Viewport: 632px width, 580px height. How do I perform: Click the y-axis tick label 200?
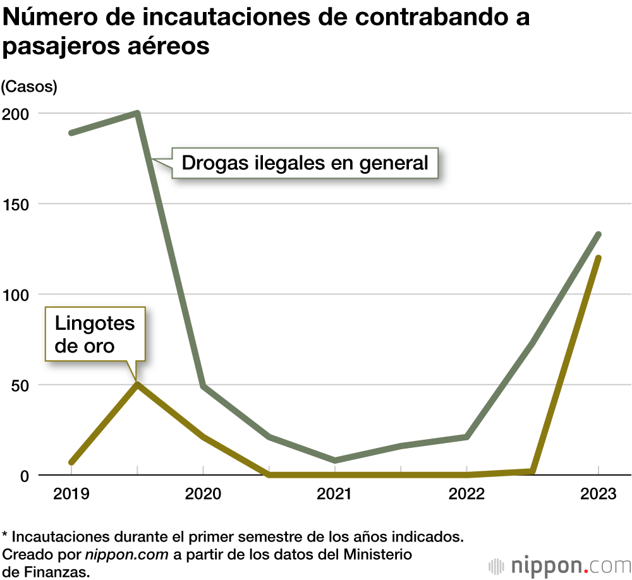coord(16,114)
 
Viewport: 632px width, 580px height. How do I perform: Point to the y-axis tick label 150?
coord(16,204)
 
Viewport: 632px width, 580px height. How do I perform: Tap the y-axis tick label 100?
coord(16,294)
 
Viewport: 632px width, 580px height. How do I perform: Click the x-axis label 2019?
coord(71,494)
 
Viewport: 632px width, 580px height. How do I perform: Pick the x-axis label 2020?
coord(203,494)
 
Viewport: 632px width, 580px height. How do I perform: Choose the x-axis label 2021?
coord(334,494)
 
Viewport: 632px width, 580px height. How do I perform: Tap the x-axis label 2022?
coord(466,494)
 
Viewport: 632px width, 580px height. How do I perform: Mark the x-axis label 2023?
coord(598,494)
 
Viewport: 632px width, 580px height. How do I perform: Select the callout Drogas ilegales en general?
coord(305,163)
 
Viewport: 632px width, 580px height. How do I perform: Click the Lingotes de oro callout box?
coord(95,334)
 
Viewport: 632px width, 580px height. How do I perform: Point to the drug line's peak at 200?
coord(137,114)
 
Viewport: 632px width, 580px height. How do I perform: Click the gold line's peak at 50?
coord(137,384)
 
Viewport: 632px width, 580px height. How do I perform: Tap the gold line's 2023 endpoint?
coord(598,258)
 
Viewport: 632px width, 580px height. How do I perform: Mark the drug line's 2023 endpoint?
coord(598,235)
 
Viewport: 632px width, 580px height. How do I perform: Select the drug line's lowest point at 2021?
coord(334,460)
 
